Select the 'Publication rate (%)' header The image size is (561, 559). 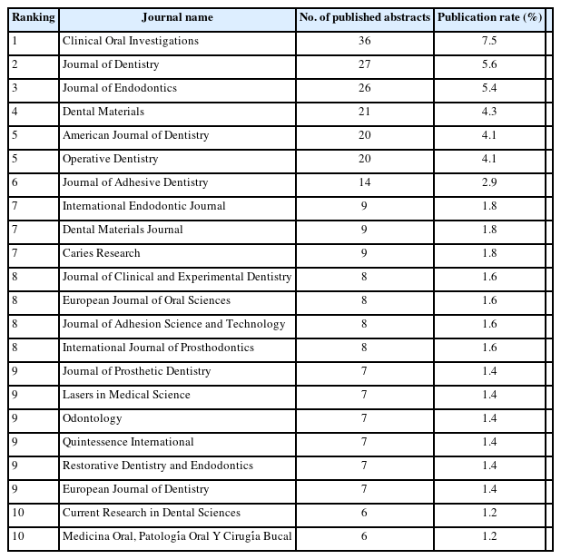tap(488, 17)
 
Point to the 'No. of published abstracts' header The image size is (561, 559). tap(365, 17)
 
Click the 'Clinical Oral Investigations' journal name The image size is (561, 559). tap(130, 41)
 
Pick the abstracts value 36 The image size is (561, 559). tap(365, 41)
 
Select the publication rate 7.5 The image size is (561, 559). tap(488, 41)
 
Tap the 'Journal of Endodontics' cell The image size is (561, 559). tap(119, 88)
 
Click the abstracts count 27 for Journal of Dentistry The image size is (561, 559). tap(365, 64)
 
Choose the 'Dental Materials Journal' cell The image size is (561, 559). tap(123, 230)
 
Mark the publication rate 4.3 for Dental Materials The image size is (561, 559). tap(488, 112)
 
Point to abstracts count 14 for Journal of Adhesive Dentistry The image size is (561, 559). tap(365, 182)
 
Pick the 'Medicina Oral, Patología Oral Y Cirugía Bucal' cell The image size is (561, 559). tap(177, 536)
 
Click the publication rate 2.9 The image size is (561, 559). tap(488, 182)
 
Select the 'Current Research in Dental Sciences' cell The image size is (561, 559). tap(151, 513)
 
